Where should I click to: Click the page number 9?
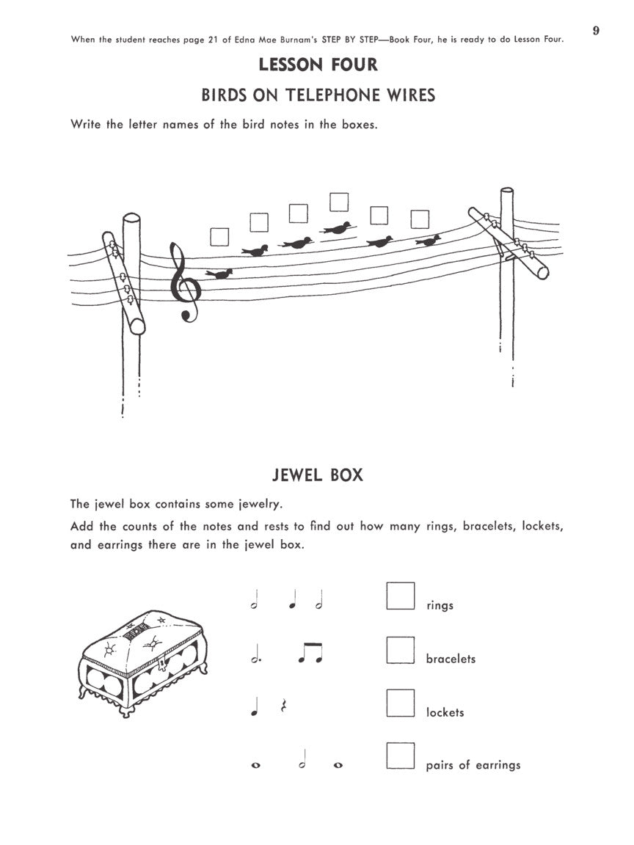point(596,30)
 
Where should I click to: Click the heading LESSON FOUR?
point(318,65)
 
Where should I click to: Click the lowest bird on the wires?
point(219,274)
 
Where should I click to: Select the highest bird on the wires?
point(336,228)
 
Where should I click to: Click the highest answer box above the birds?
point(338,202)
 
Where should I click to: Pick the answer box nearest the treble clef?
point(219,236)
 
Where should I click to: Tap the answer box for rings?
point(400,596)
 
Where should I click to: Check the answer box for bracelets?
point(400,650)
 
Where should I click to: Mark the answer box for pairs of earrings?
point(400,756)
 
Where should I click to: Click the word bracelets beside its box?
point(451,659)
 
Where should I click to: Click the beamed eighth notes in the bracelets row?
point(310,653)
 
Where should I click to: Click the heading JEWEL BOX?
point(318,475)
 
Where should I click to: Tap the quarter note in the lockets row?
point(254,707)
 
